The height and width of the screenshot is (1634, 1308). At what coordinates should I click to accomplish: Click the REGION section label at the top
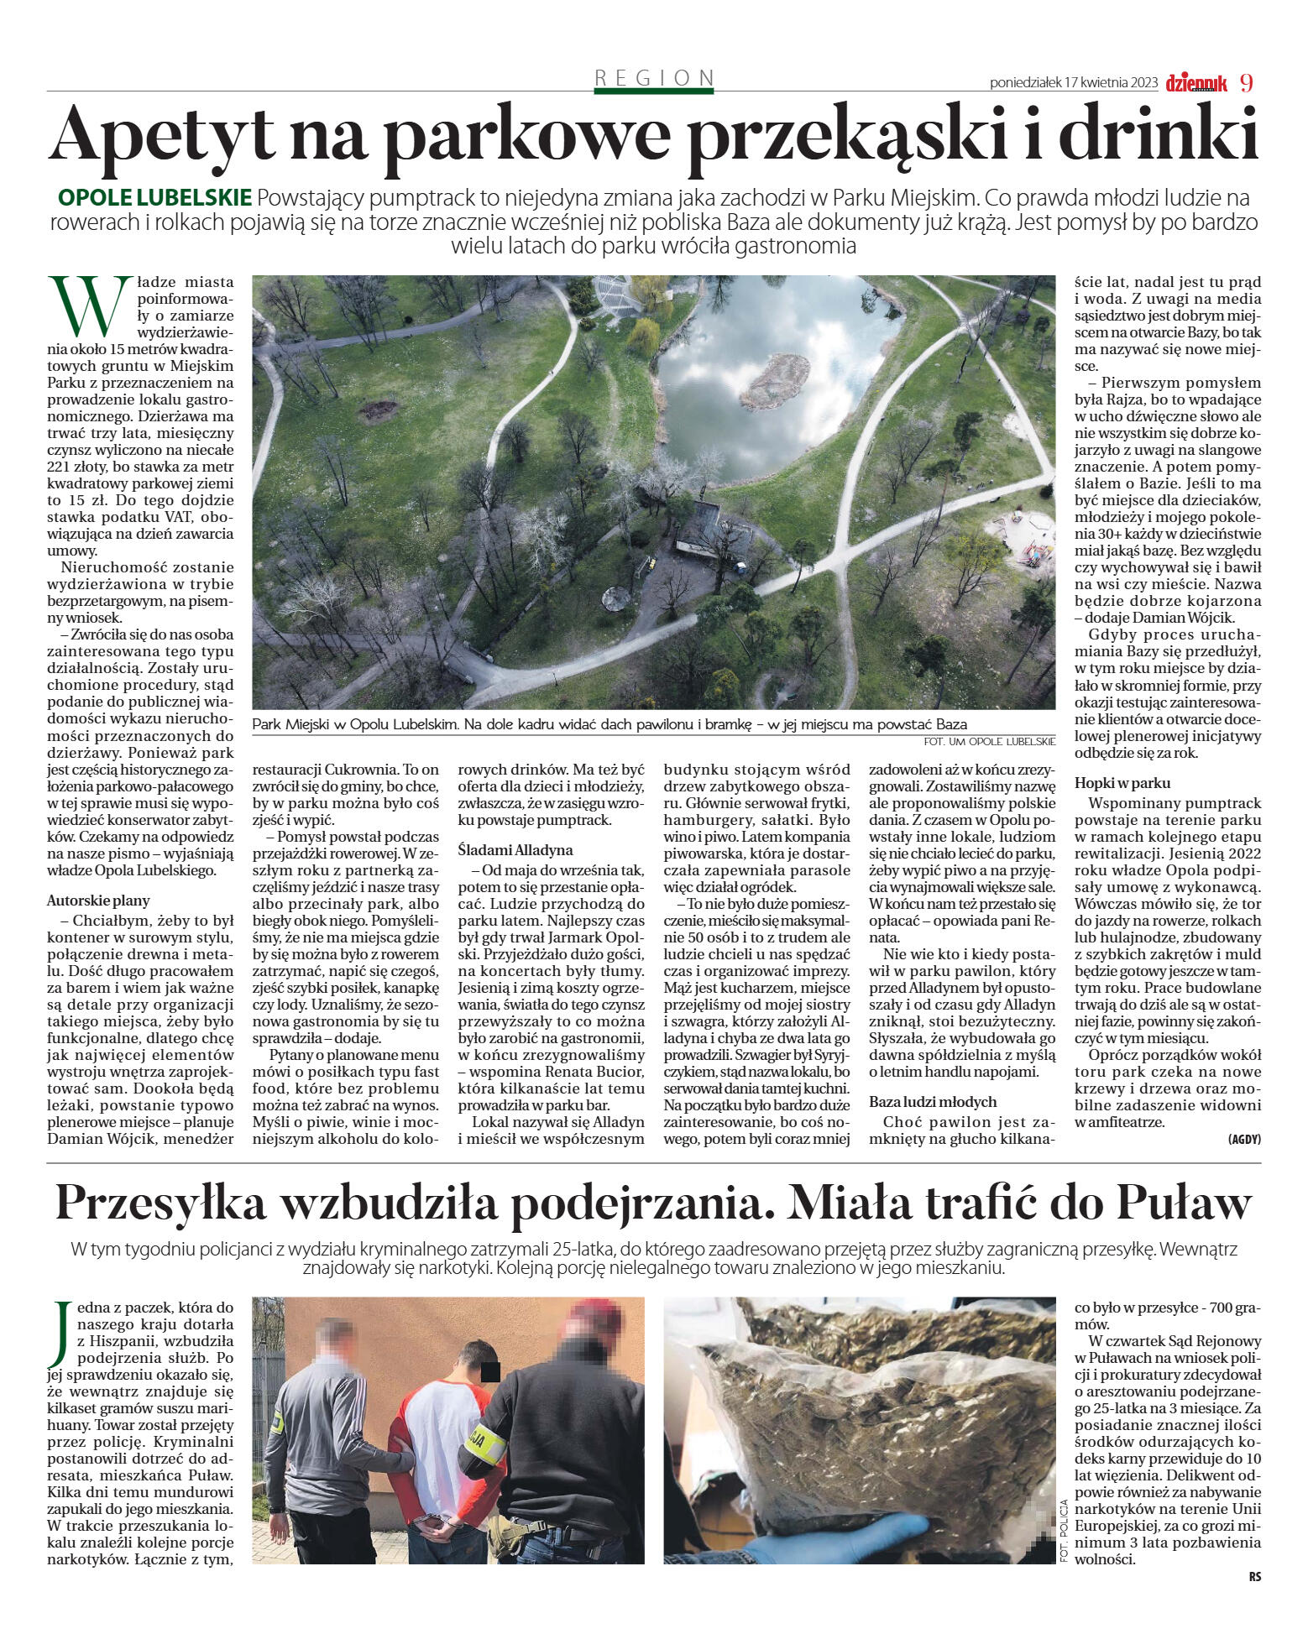pyautogui.click(x=654, y=78)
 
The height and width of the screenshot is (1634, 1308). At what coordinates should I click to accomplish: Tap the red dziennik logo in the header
pyautogui.click(x=1196, y=83)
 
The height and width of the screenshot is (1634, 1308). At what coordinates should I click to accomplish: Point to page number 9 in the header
pyautogui.click(x=1246, y=82)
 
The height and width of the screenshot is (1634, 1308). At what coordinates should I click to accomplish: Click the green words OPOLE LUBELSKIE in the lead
pyautogui.click(x=154, y=198)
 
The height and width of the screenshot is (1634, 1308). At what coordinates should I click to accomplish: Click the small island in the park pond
pyautogui.click(x=774, y=378)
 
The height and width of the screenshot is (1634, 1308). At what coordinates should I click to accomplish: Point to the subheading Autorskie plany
pyautogui.click(x=98, y=901)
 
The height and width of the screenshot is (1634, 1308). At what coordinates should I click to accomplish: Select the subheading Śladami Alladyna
pyautogui.click(x=515, y=850)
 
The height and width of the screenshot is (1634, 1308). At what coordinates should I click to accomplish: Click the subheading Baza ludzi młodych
pyautogui.click(x=932, y=1102)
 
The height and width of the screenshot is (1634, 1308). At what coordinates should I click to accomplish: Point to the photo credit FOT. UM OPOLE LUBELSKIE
pyautogui.click(x=988, y=741)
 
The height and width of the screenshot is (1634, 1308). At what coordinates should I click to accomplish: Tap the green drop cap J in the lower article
pyautogui.click(x=60, y=1334)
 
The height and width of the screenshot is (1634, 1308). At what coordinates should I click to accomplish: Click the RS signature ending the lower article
pyautogui.click(x=1253, y=1577)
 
